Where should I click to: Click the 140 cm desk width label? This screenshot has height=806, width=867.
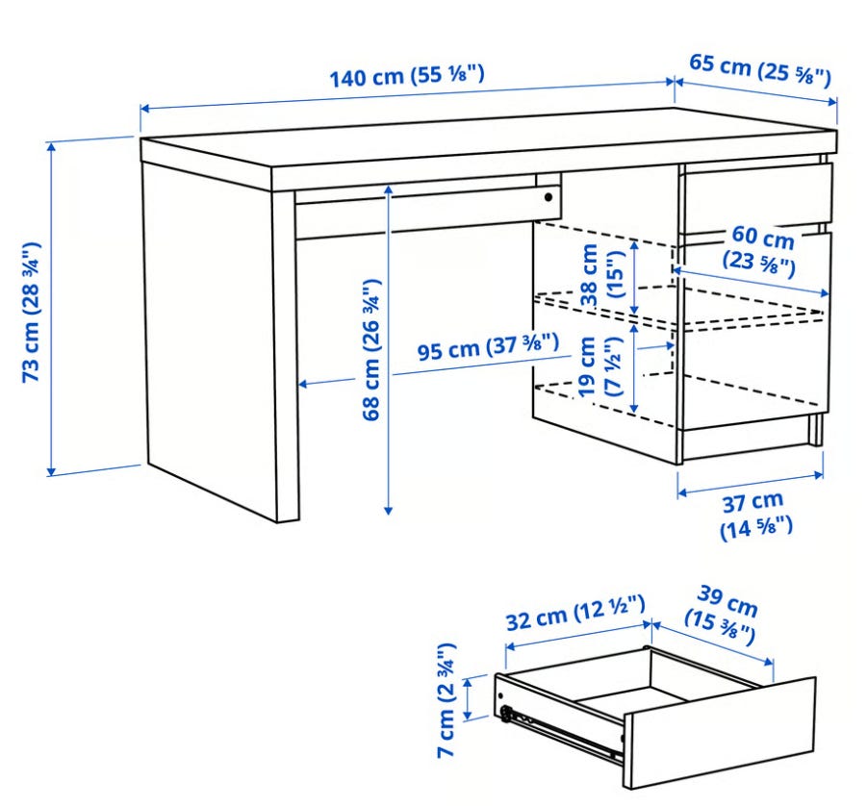click(x=407, y=76)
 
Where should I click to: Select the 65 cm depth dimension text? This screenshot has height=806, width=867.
click(x=760, y=69)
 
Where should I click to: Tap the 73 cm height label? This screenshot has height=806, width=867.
click(x=32, y=312)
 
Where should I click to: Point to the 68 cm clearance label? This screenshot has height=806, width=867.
click(x=371, y=349)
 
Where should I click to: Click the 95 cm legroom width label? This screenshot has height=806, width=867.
click(x=488, y=346)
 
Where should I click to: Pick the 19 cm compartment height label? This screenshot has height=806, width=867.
click(x=600, y=365)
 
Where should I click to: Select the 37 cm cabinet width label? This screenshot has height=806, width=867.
click(x=754, y=516)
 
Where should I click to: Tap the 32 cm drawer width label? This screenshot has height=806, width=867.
click(x=575, y=613)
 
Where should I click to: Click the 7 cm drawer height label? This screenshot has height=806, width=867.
click(x=446, y=700)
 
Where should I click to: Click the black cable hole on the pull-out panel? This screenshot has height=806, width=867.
click(x=548, y=197)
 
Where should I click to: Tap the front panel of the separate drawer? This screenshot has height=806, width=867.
click(x=720, y=733)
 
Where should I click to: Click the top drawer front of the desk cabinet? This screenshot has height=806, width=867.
click(x=758, y=197)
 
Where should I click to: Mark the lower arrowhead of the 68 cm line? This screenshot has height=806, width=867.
click(x=388, y=510)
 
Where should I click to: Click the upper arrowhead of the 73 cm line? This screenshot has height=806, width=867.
click(x=51, y=147)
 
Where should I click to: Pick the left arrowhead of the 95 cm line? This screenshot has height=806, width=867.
click(x=304, y=383)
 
